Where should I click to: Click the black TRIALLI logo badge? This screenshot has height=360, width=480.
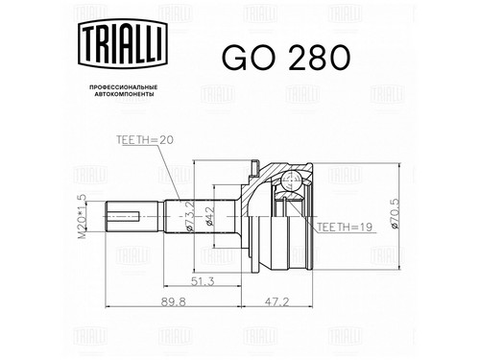pyautogui.click(x=123, y=43)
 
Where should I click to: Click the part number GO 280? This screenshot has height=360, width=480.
pyautogui.click(x=286, y=58)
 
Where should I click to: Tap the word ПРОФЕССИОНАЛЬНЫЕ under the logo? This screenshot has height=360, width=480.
pyautogui.click(x=124, y=87)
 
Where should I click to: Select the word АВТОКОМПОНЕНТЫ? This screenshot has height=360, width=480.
pyautogui.click(x=124, y=94)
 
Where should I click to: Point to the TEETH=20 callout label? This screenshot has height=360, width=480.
pyautogui.click(x=145, y=140)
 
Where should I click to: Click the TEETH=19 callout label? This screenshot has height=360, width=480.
pyautogui.click(x=345, y=227)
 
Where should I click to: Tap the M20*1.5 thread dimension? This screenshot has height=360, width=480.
pyautogui.click(x=82, y=217)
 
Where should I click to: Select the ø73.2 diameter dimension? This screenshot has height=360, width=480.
pyautogui.click(x=189, y=216)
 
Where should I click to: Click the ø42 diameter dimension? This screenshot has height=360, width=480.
pyautogui.click(x=209, y=216)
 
